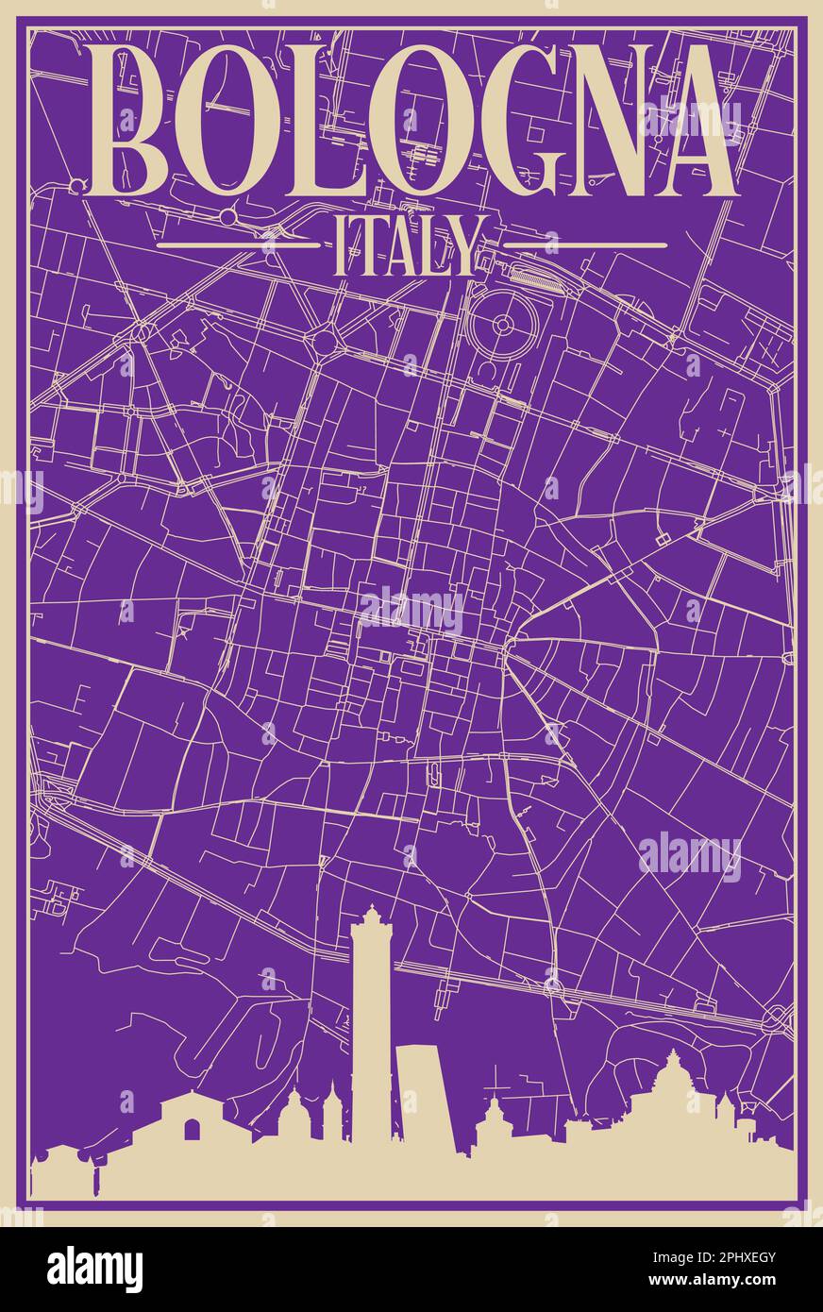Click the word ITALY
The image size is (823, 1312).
[x=411, y=245]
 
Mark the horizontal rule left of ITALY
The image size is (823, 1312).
[x=238, y=245]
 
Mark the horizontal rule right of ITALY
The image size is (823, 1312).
[x=585, y=245]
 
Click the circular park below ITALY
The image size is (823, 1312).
[x=503, y=326]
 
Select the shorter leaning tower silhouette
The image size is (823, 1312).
[x=422, y=1100]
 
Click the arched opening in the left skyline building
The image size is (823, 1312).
[x=193, y=1130]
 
